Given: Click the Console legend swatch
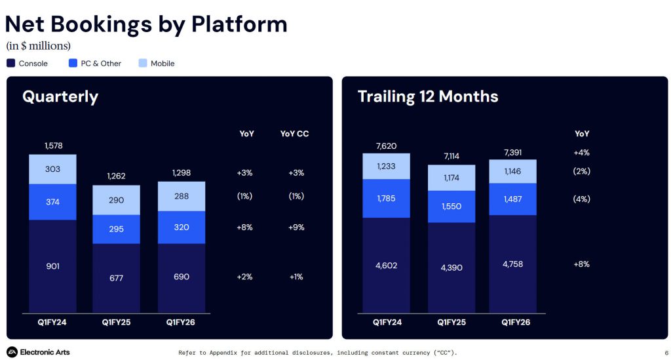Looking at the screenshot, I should [10, 64].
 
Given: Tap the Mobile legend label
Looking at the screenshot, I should [163, 64].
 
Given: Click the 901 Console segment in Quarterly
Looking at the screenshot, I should [52, 266].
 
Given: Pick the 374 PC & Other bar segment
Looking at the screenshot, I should [52, 202].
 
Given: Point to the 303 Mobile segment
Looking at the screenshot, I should [52, 169].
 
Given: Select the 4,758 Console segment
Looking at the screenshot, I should [512, 264].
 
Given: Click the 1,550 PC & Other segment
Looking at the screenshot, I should [451, 206].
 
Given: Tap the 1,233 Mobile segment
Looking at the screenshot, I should [386, 167].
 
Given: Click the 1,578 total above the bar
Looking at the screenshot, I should [52, 146].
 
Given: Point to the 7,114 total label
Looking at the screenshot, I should [451, 157].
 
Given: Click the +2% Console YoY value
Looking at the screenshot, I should [244, 277].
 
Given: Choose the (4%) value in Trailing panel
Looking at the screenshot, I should [581, 199].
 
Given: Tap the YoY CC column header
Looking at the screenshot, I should [294, 134].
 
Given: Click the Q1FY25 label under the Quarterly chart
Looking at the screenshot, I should [116, 322].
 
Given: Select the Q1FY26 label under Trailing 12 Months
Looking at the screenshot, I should [512, 322].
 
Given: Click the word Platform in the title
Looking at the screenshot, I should [239, 24].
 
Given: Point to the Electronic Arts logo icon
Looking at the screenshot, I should [12, 352].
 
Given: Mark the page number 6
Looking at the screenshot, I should [657, 353].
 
